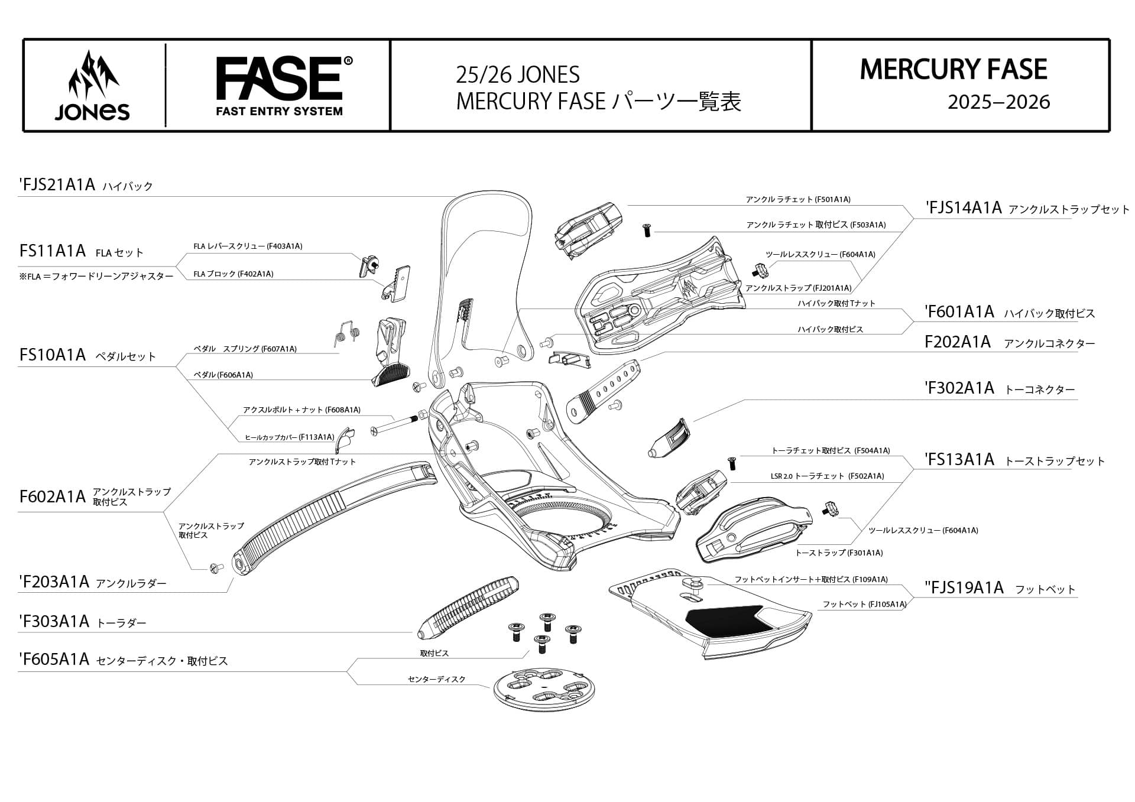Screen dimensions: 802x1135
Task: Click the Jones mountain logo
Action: click(x=92, y=86)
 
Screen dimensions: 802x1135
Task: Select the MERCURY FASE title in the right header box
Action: click(x=953, y=70)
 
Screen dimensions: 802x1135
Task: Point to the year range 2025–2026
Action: click(x=998, y=102)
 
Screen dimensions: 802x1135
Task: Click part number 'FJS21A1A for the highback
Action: click(x=58, y=185)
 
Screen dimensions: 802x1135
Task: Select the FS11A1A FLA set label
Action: click(x=53, y=251)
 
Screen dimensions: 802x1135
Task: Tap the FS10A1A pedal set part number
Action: click(x=53, y=355)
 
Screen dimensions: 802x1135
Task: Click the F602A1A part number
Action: click(x=53, y=497)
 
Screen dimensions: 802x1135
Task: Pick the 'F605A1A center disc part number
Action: click(x=54, y=660)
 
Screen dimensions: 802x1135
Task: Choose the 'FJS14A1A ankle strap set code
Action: click(x=964, y=208)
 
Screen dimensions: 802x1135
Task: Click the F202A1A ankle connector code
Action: click(x=958, y=342)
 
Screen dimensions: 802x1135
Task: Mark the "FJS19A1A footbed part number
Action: click(x=964, y=588)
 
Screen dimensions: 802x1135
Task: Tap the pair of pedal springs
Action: click(x=348, y=335)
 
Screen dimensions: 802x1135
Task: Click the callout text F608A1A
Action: click(x=343, y=410)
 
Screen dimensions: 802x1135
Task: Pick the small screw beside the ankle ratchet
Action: click(x=646, y=230)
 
